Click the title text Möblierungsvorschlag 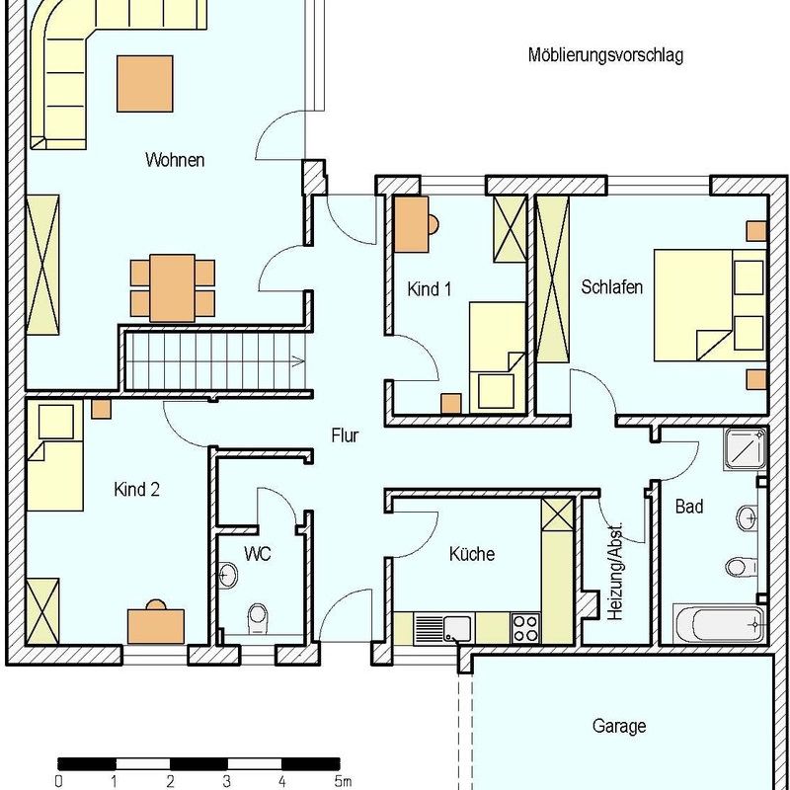[x=605, y=55]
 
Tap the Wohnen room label [x=175, y=159]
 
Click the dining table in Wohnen [x=173, y=287]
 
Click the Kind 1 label [x=430, y=289]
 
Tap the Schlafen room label [x=612, y=287]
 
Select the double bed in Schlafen [x=709, y=304]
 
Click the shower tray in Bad [x=746, y=448]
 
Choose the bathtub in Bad [x=718, y=624]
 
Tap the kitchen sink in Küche [x=444, y=626]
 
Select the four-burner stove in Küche [x=525, y=626]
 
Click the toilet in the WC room [x=259, y=617]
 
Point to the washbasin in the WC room [x=228, y=575]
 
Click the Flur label [x=345, y=434]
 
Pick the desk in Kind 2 [x=156, y=624]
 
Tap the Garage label [x=619, y=726]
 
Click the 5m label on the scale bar [x=343, y=781]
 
